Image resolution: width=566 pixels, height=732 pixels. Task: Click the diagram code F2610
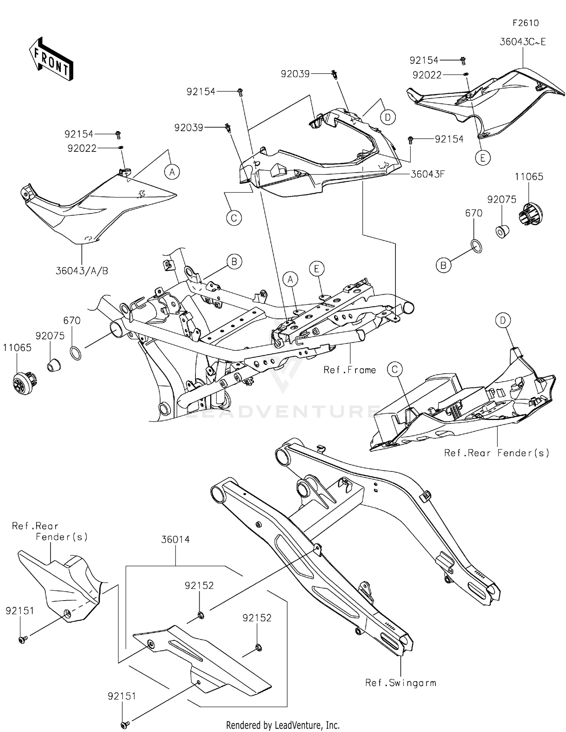coord(525,23)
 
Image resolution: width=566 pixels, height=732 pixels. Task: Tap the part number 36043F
coord(428,174)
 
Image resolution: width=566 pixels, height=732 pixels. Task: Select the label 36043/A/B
coord(82,271)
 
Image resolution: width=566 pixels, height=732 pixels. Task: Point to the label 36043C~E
coord(522,42)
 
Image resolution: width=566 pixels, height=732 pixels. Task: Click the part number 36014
coord(175,539)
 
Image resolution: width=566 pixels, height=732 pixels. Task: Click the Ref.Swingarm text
coord(400,683)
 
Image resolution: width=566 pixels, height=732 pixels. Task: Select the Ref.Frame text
coord(349,370)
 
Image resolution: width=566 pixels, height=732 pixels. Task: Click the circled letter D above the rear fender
coord(503,321)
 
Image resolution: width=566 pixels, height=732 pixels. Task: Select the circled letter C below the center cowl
coord(234,218)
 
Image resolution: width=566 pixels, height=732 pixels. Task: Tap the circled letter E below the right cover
coord(483,158)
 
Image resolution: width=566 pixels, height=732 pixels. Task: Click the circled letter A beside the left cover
coord(172,172)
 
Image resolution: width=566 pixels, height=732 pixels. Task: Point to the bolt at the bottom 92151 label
coord(125,724)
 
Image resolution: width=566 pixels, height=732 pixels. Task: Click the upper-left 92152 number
coord(199,585)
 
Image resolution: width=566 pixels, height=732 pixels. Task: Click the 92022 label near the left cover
coord(82,148)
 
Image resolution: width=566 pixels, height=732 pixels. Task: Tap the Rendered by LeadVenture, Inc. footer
coord(283,725)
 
